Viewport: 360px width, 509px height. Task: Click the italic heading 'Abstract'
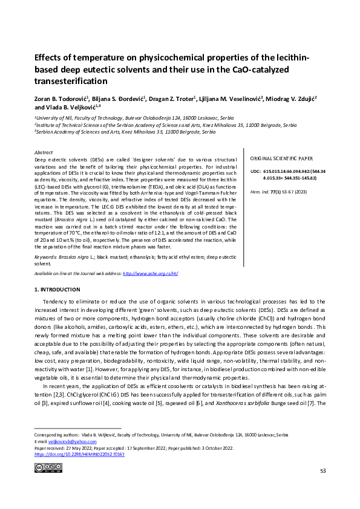coord(44,153)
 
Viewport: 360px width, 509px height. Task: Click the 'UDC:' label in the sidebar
coord(255,172)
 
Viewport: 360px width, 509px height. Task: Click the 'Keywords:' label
coord(48,257)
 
